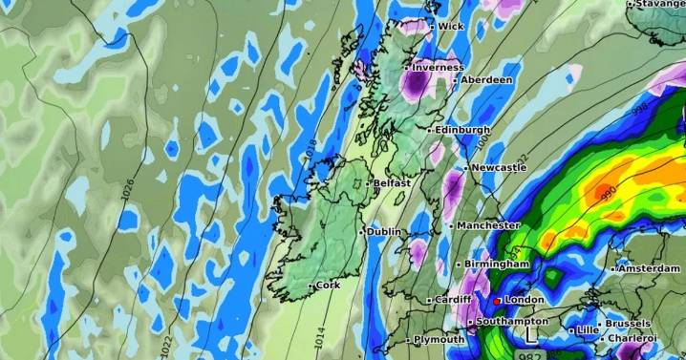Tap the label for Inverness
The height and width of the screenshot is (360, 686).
pyautogui.click(x=438, y=68)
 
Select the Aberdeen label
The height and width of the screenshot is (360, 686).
pyautogui.click(x=486, y=80)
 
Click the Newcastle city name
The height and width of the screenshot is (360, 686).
pyautogui.click(x=497, y=167)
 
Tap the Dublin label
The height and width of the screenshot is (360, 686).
pyautogui.click(x=384, y=231)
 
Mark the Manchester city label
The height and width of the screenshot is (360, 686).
pyautogui.click(x=487, y=225)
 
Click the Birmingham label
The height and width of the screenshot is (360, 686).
pyautogui.click(x=496, y=264)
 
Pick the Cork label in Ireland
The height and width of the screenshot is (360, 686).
pyautogui.click(x=327, y=286)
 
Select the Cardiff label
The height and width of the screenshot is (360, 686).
pyautogui.click(x=452, y=300)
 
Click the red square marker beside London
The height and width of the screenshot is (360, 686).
pyautogui.click(x=497, y=301)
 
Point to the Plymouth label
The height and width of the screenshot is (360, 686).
pyautogui.click(x=439, y=339)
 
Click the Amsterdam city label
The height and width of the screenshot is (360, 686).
pyautogui.click(x=649, y=269)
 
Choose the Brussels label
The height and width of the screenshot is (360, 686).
pyautogui.click(x=628, y=324)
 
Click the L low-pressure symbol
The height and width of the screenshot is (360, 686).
pyautogui.click(x=532, y=336)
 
